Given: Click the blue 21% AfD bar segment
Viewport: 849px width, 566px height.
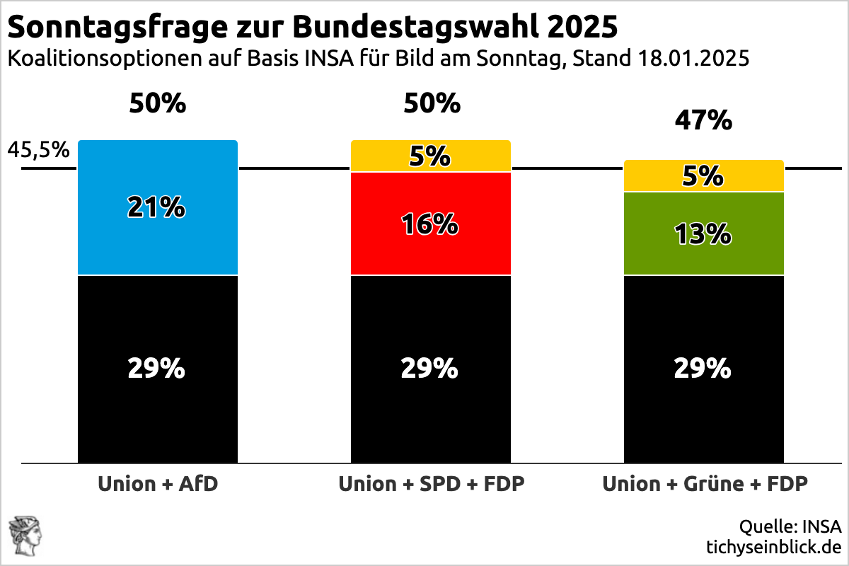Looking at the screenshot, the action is tap(158, 207).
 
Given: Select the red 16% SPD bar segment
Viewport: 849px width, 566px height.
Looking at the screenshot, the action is tap(431, 224).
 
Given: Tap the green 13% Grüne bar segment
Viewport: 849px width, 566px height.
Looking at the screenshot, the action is tap(704, 233).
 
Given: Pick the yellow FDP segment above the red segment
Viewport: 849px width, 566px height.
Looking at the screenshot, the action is tap(431, 156).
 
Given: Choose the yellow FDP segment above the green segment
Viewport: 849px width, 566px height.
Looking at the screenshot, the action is tap(704, 175).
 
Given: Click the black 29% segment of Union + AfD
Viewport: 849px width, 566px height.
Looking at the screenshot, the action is tap(158, 369).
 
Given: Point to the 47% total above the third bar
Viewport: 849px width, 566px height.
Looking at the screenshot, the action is tap(703, 120).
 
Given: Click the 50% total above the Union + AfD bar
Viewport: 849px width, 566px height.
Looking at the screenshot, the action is tap(158, 103).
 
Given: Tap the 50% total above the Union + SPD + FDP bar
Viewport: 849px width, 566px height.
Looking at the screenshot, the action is tap(432, 103).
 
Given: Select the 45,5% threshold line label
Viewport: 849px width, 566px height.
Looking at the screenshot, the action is tap(39, 150).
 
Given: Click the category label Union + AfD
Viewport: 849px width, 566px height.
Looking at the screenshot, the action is tap(158, 484).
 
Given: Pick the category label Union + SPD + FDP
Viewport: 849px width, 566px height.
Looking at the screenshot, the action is tap(432, 484).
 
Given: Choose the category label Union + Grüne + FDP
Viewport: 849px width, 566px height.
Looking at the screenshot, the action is tap(705, 484).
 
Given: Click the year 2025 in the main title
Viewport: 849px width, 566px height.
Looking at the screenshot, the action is tap(582, 27).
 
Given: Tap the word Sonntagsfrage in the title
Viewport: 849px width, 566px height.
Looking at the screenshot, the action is tap(117, 28).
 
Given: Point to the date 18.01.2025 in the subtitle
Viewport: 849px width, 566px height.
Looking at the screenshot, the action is tap(693, 59).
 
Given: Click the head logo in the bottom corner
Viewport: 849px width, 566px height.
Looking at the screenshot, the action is tap(25, 536).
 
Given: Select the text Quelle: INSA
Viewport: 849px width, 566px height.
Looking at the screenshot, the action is tap(790, 526).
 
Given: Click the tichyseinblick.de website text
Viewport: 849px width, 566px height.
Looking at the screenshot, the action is tap(774, 547).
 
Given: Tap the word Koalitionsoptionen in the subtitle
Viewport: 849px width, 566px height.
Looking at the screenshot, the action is tap(105, 59).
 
